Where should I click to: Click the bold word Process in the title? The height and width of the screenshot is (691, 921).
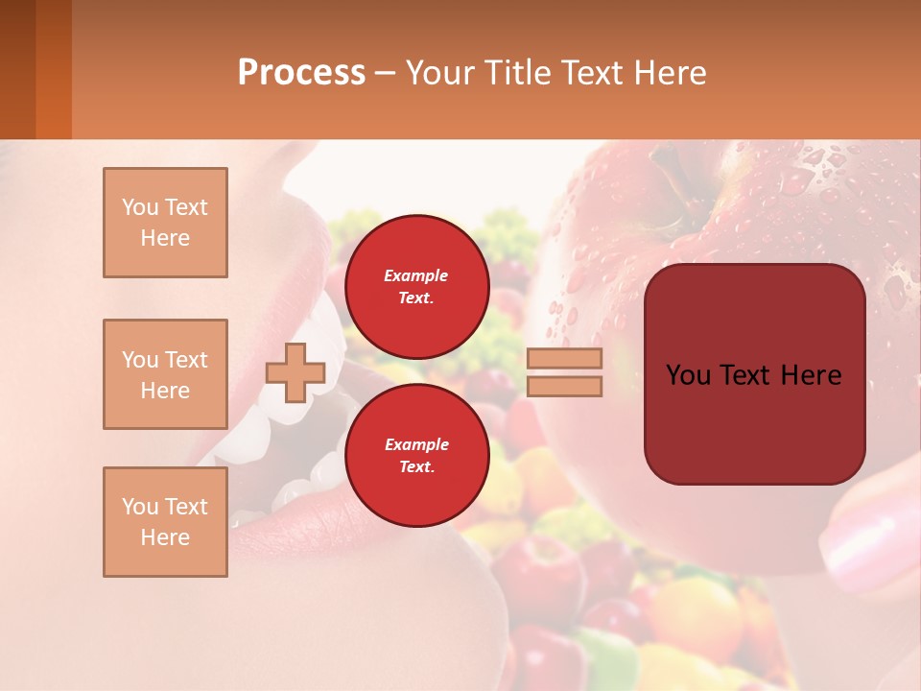[301, 73]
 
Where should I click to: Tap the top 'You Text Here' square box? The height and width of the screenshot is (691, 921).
[165, 223]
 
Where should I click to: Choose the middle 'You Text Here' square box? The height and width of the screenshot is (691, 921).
[165, 374]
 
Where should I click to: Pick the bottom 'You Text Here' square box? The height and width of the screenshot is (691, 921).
[165, 522]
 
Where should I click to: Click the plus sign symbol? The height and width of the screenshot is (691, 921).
[295, 372]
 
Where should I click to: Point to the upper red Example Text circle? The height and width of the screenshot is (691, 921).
[416, 287]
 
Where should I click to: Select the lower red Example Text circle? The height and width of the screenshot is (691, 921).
[416, 456]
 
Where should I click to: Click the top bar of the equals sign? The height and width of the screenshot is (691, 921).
[564, 359]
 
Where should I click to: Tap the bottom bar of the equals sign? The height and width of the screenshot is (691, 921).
[564, 387]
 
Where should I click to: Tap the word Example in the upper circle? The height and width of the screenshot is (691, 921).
[416, 275]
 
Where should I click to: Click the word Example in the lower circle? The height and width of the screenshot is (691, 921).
[416, 444]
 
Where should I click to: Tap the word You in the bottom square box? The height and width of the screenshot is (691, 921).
[140, 507]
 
